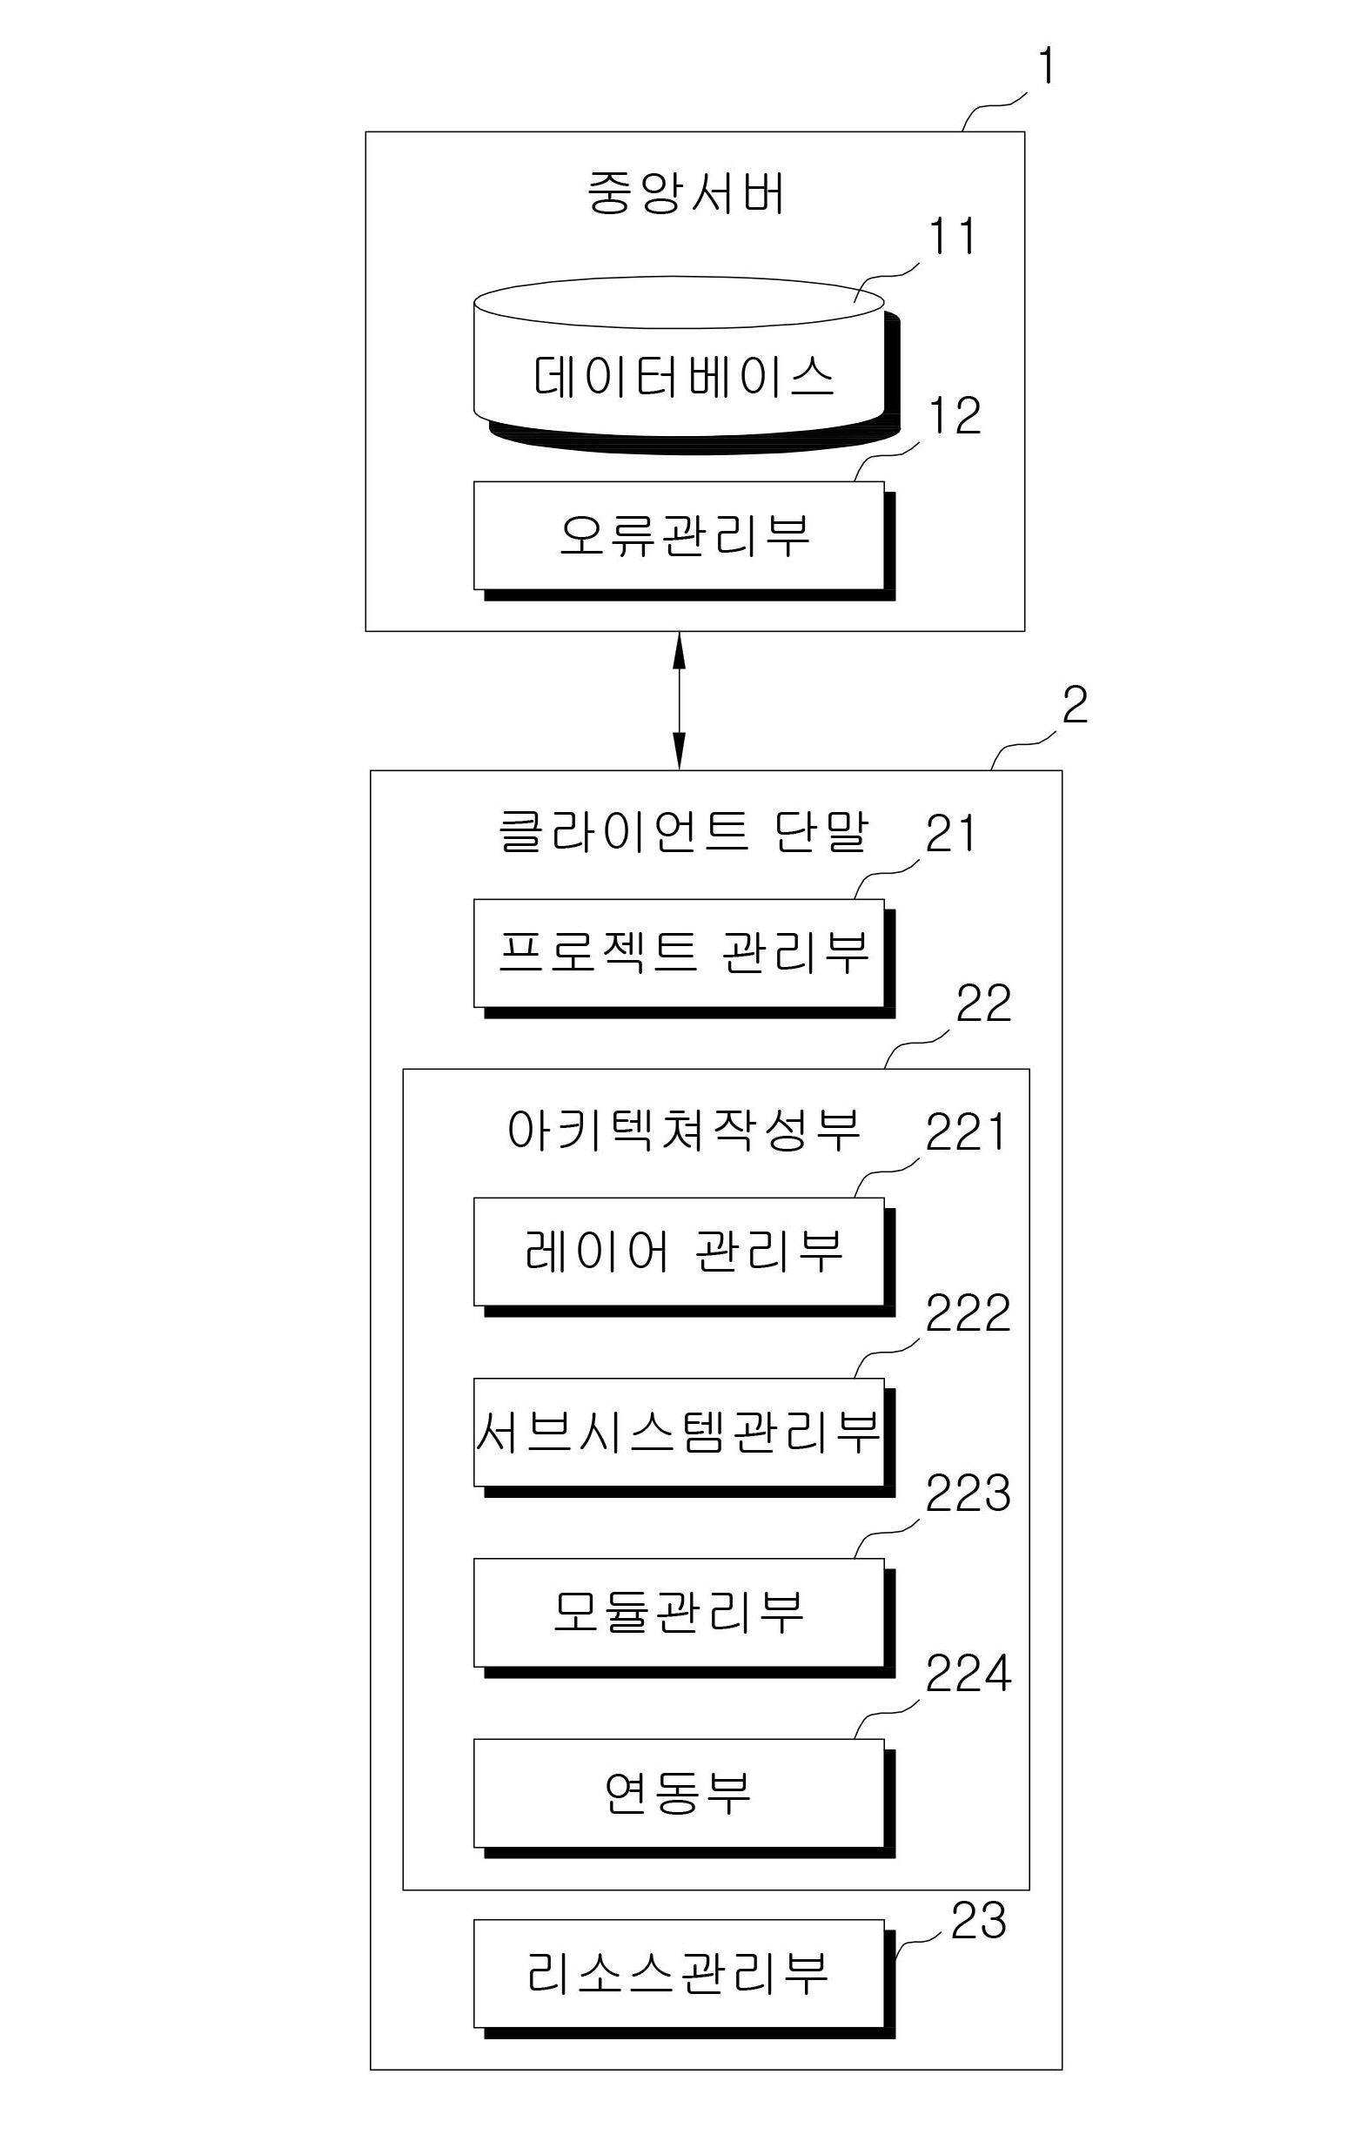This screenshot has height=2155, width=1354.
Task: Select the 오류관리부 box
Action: [684, 540]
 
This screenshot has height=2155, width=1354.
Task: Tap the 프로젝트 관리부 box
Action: [684, 958]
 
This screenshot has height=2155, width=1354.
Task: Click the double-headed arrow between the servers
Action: [680, 701]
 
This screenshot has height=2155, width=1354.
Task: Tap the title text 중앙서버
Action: [686, 192]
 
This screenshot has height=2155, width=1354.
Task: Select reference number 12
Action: [954, 416]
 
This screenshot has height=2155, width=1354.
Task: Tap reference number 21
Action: [950, 833]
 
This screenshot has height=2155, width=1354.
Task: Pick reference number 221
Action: [966, 1131]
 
